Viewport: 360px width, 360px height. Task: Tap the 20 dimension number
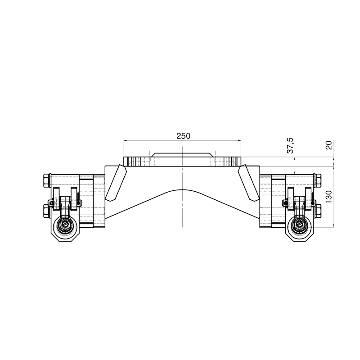(328, 145)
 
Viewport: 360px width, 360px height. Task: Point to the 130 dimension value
(328, 197)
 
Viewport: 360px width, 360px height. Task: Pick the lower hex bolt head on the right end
(318, 210)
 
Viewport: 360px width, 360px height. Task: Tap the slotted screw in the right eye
(299, 225)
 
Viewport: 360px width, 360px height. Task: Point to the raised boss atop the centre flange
(182, 155)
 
